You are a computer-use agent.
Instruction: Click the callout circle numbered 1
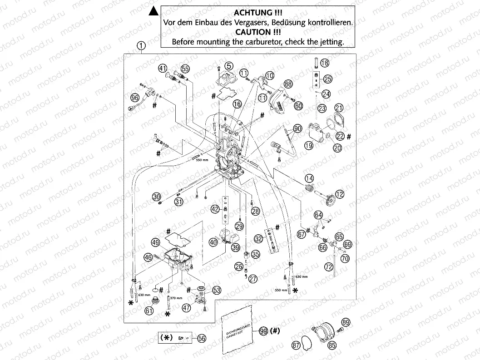click(x=142, y=45)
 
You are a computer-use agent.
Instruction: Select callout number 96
click(x=134, y=98)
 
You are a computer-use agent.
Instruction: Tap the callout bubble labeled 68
click(x=288, y=84)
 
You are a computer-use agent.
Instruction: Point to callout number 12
click(x=340, y=194)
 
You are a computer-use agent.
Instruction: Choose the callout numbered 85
click(x=333, y=345)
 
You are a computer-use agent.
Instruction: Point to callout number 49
click(x=155, y=242)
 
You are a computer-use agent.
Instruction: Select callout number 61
click(x=148, y=311)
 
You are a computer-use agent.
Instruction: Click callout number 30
click(x=157, y=197)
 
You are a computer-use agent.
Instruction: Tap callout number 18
click(x=325, y=63)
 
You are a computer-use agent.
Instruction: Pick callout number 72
click(x=328, y=267)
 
